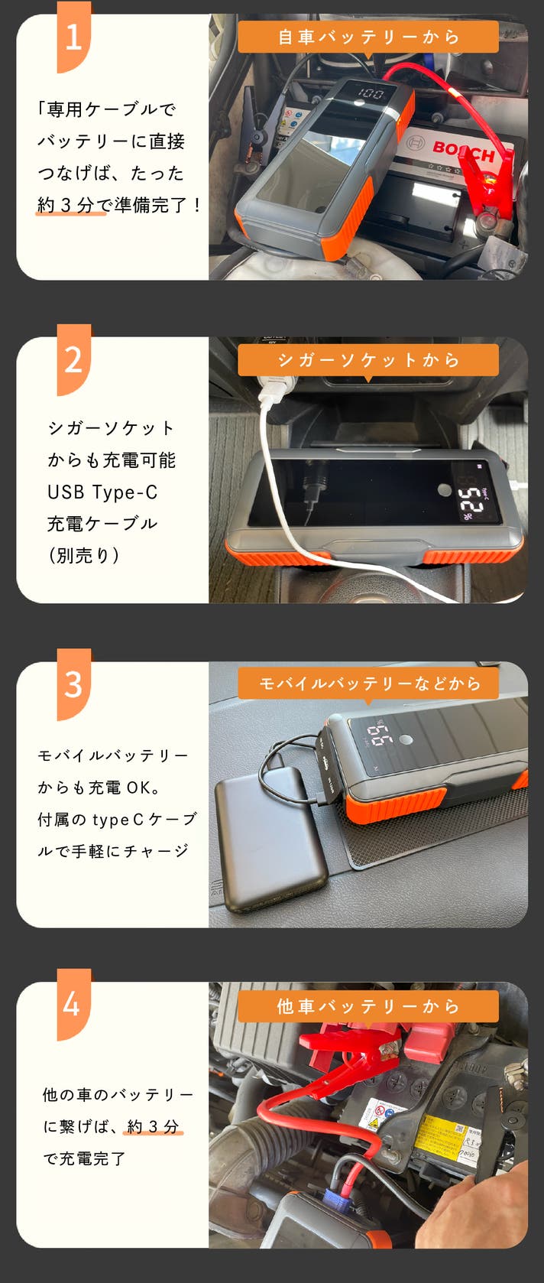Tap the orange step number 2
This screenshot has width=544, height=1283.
click(73, 359)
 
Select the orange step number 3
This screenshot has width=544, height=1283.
click(73, 684)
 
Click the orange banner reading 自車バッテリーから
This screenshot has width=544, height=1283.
click(368, 37)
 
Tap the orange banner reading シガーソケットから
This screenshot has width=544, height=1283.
click(368, 360)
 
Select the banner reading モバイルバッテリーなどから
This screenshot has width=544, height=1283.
click(368, 684)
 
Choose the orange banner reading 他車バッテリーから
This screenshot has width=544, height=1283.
click(368, 1006)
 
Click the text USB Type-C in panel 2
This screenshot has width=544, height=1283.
click(102, 492)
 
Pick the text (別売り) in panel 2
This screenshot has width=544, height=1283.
click(84, 555)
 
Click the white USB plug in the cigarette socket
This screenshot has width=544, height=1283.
click(273, 389)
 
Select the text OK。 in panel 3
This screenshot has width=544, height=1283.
click(143, 788)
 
